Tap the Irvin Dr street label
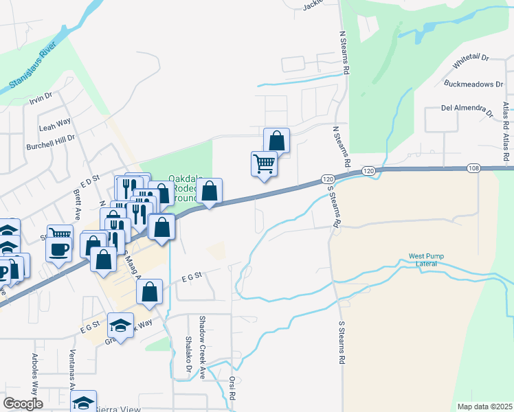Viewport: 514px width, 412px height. click(x=41, y=98)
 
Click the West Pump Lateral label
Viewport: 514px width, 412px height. click(x=427, y=260)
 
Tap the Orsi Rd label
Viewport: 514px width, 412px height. click(x=233, y=387)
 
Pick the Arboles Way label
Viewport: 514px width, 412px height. click(x=34, y=371)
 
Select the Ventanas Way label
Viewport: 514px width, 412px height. click(x=71, y=370)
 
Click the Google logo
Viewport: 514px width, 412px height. click(x=23, y=404)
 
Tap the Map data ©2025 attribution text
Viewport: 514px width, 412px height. click(x=484, y=407)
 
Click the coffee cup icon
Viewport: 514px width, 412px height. click(x=59, y=249)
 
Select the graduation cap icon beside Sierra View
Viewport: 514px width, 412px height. click(x=83, y=402)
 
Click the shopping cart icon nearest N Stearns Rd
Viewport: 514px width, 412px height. click(x=264, y=164)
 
